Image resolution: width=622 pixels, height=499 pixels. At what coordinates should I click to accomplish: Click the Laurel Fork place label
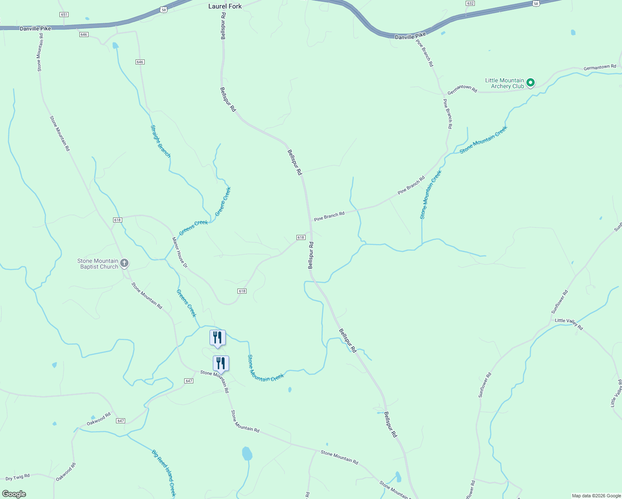225,6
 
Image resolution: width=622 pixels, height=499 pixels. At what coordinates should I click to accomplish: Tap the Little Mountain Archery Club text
504,84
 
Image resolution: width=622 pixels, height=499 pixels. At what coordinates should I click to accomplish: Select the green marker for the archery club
531,83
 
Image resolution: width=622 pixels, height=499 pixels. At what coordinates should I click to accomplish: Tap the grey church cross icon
124,263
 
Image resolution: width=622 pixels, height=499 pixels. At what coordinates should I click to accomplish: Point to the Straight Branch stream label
160,141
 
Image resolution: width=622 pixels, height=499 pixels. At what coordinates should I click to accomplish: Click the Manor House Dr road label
180,252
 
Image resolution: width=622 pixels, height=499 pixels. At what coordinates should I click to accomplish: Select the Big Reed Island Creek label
164,473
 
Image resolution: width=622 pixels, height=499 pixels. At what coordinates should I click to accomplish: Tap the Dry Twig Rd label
17,477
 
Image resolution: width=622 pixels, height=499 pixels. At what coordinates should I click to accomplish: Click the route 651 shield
64,15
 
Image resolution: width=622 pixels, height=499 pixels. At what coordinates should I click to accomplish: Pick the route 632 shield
470,3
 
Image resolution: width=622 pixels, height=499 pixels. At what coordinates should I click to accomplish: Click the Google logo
14,494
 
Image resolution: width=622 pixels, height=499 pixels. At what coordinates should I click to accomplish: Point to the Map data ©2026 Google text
596,496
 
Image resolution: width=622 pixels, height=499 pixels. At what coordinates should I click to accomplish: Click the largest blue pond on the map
247,453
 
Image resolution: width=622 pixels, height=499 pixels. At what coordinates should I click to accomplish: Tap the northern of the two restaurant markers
217,338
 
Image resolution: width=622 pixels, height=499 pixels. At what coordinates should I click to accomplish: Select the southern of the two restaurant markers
221,363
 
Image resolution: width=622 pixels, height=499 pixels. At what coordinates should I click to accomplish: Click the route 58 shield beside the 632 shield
536,3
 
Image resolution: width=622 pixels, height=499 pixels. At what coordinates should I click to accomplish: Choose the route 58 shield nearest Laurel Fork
164,9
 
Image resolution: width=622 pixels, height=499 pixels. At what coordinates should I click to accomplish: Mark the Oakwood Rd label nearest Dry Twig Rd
66,472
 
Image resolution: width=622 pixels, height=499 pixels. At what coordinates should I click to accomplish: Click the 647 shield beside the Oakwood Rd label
121,421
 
